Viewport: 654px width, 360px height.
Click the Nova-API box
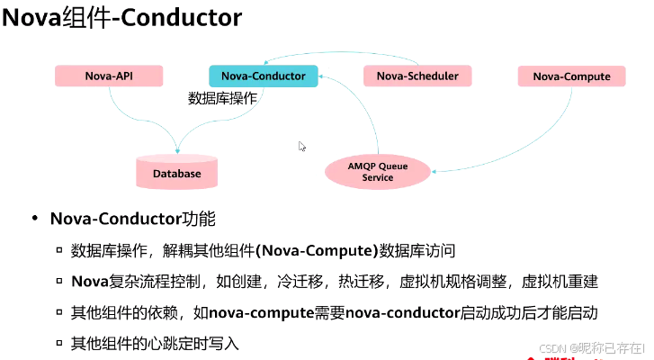click(x=109, y=76)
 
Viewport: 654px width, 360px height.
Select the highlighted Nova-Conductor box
click(x=263, y=76)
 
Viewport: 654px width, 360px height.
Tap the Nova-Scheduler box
click(x=417, y=76)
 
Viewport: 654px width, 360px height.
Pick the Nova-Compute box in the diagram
click(x=571, y=76)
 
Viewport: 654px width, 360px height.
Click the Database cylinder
click(x=176, y=171)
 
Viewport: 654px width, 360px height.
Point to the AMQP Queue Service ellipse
click(x=378, y=171)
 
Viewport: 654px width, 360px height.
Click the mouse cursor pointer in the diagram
click(x=302, y=146)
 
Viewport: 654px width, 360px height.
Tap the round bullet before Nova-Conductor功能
click(x=35, y=219)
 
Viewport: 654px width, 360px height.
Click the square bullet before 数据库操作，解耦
click(x=59, y=250)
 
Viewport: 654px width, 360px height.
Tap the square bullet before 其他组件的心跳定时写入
click(x=59, y=344)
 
